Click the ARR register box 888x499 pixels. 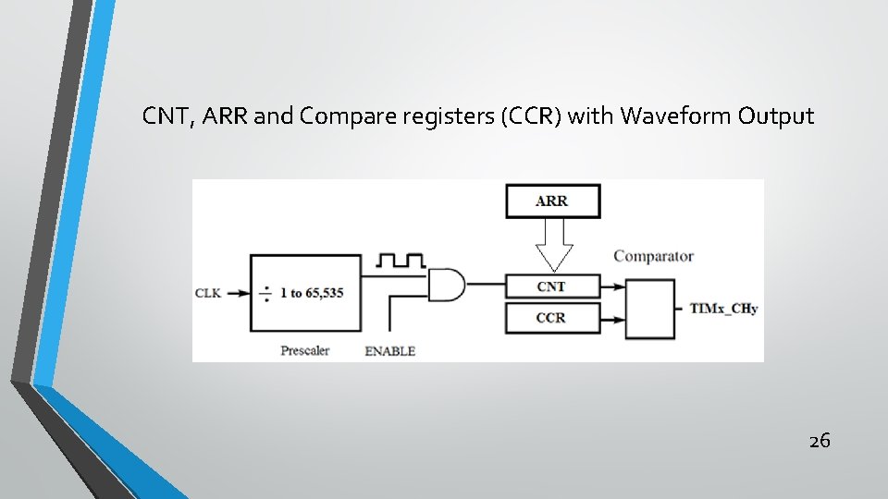tap(552, 201)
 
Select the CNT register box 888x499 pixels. tap(551, 286)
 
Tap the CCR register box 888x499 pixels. tap(551, 318)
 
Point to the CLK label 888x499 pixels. tap(208, 294)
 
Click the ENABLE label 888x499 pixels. tap(390, 351)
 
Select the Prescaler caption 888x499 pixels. tap(305, 351)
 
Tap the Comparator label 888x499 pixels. tap(653, 256)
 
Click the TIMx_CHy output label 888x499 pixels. tap(723, 309)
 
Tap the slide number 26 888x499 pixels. tap(820, 441)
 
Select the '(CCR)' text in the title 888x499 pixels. tap(531, 116)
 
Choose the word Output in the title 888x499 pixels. tap(776, 116)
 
